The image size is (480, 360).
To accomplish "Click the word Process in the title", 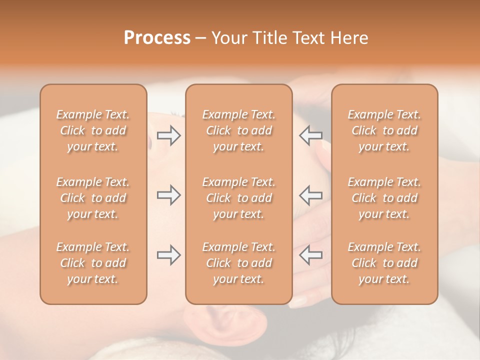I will tap(157, 38).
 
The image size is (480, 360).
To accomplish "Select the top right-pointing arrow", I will tap(168, 135).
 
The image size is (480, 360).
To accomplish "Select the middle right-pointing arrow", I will tap(168, 195).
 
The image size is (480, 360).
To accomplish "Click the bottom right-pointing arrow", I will tap(168, 255).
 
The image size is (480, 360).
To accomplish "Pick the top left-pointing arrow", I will tap(310, 135).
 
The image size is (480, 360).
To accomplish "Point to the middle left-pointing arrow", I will tap(310, 195).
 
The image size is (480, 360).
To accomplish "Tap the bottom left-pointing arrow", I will tap(310, 255).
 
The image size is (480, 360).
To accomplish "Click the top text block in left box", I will tap(93, 130).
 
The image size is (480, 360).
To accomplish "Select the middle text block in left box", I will tap(93, 198).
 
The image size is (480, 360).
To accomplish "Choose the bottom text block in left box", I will tap(93, 263).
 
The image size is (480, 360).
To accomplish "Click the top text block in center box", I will tap(238, 130).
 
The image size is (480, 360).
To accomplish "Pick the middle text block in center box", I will tap(238, 198).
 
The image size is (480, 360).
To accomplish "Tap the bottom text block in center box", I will tap(238, 263).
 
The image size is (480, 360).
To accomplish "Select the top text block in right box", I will tap(384, 130).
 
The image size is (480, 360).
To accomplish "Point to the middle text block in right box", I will tap(384, 198).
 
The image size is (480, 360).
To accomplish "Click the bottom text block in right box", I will tap(384, 263).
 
